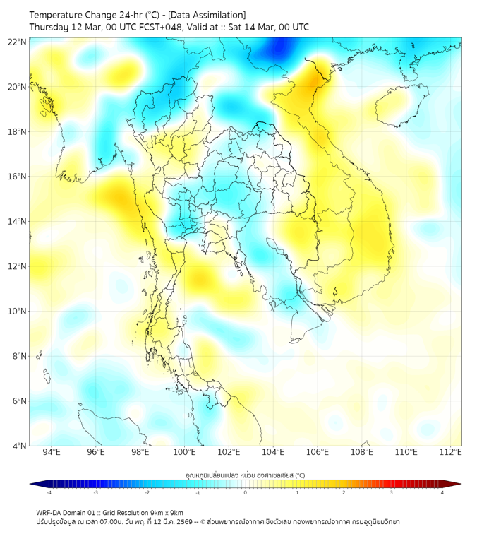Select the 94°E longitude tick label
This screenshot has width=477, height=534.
(x=52, y=452)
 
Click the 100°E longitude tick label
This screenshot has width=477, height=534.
(x=185, y=452)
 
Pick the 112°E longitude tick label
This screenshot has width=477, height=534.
(x=451, y=452)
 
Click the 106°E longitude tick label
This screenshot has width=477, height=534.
(x=318, y=452)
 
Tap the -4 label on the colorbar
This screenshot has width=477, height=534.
(x=48, y=492)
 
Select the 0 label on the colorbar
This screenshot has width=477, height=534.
(x=246, y=492)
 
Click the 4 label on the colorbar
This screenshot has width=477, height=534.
(x=442, y=492)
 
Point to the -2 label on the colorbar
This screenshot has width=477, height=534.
(x=146, y=492)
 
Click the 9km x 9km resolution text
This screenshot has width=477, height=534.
(x=166, y=512)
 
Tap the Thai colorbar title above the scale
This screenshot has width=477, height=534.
(x=245, y=475)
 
